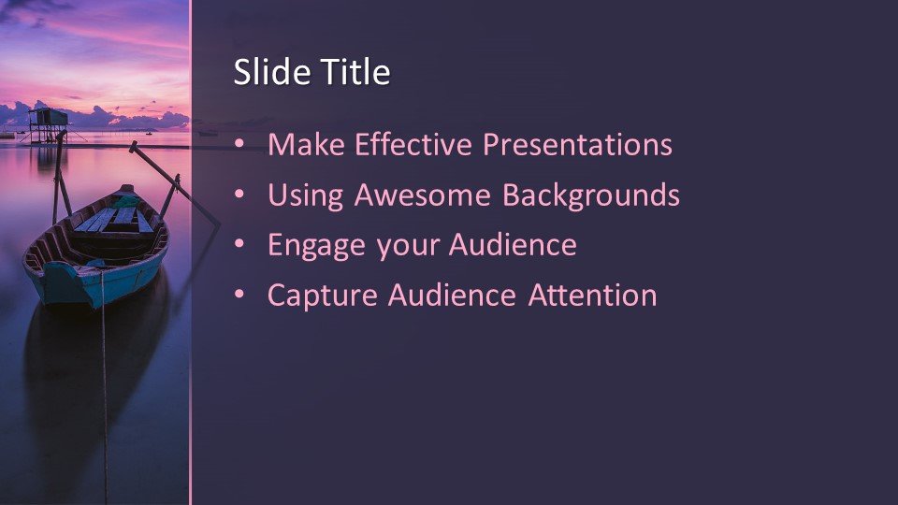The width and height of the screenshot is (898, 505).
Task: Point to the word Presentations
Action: (x=577, y=145)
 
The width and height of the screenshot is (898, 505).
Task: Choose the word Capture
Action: (x=323, y=296)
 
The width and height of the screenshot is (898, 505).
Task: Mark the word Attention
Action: (x=592, y=296)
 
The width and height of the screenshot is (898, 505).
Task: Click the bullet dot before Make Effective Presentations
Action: (x=239, y=145)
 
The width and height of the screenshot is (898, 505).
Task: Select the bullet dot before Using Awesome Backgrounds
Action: (x=239, y=195)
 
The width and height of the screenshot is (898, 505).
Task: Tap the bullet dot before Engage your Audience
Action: (x=239, y=245)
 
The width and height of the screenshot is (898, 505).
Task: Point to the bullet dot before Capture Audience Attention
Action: (x=239, y=296)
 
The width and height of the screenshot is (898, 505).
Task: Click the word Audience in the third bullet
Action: (x=513, y=245)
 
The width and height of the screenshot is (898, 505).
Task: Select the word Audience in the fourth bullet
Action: (x=452, y=296)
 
